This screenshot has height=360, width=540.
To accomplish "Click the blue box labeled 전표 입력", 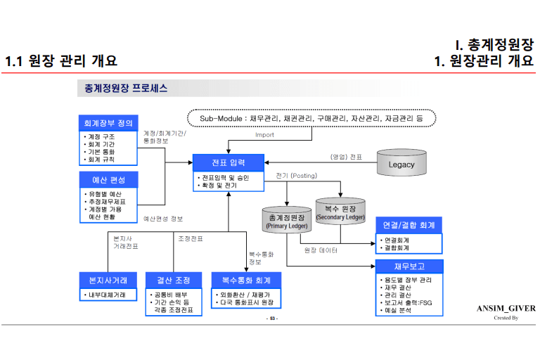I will tap(229, 162).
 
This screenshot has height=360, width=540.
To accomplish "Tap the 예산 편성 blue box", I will tap(108, 179).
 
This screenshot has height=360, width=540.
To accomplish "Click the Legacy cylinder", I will tap(401, 164).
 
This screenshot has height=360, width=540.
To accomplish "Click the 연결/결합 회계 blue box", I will tap(409, 225).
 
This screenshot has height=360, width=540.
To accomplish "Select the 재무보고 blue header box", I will tap(409, 266).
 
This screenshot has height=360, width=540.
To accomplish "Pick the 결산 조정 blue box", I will tap(173, 280).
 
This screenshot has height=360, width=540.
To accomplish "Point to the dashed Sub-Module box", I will tap(311, 119).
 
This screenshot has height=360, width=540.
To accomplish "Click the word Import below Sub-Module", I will tap(265, 135).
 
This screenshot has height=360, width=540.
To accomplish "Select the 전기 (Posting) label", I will tap(296, 175).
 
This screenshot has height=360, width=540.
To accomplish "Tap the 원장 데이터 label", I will tap(321, 250).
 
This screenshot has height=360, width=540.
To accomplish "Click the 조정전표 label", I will tap(190, 239).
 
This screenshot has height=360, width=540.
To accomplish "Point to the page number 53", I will tap(271, 319).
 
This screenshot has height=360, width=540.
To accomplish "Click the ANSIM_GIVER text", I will tap(506, 308).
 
